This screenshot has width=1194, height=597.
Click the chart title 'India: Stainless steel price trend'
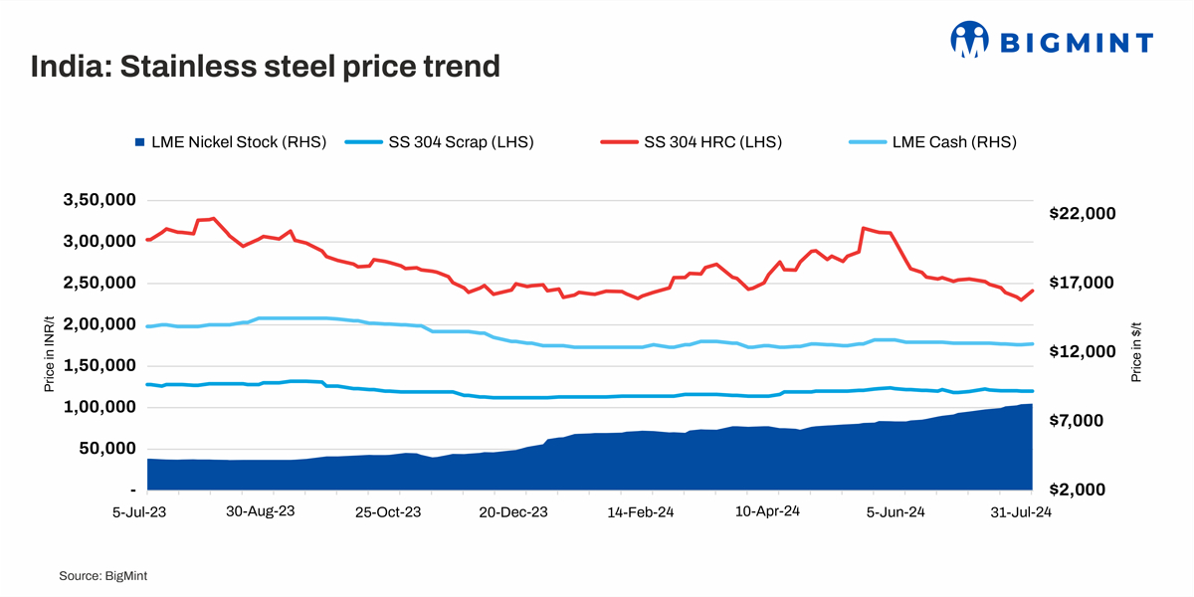pyautogui.click(x=265, y=67)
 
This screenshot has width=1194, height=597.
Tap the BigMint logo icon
pyautogui.click(x=969, y=40)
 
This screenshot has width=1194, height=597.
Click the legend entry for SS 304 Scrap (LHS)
pyautogui.click(x=440, y=142)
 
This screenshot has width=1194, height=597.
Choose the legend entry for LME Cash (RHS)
pyautogui.click(x=931, y=142)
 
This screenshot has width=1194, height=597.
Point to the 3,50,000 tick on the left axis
pyautogui.click(x=100, y=200)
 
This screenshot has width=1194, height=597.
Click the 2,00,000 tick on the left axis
pyautogui.click(x=100, y=324)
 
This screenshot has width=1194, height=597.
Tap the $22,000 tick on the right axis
pyautogui.click(x=1083, y=214)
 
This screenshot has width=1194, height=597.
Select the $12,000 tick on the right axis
pyautogui.click(x=1083, y=352)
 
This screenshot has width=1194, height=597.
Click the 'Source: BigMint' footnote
pyautogui.click(x=103, y=575)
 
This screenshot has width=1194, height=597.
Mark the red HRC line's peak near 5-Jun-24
pyautogui.click(x=864, y=228)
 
